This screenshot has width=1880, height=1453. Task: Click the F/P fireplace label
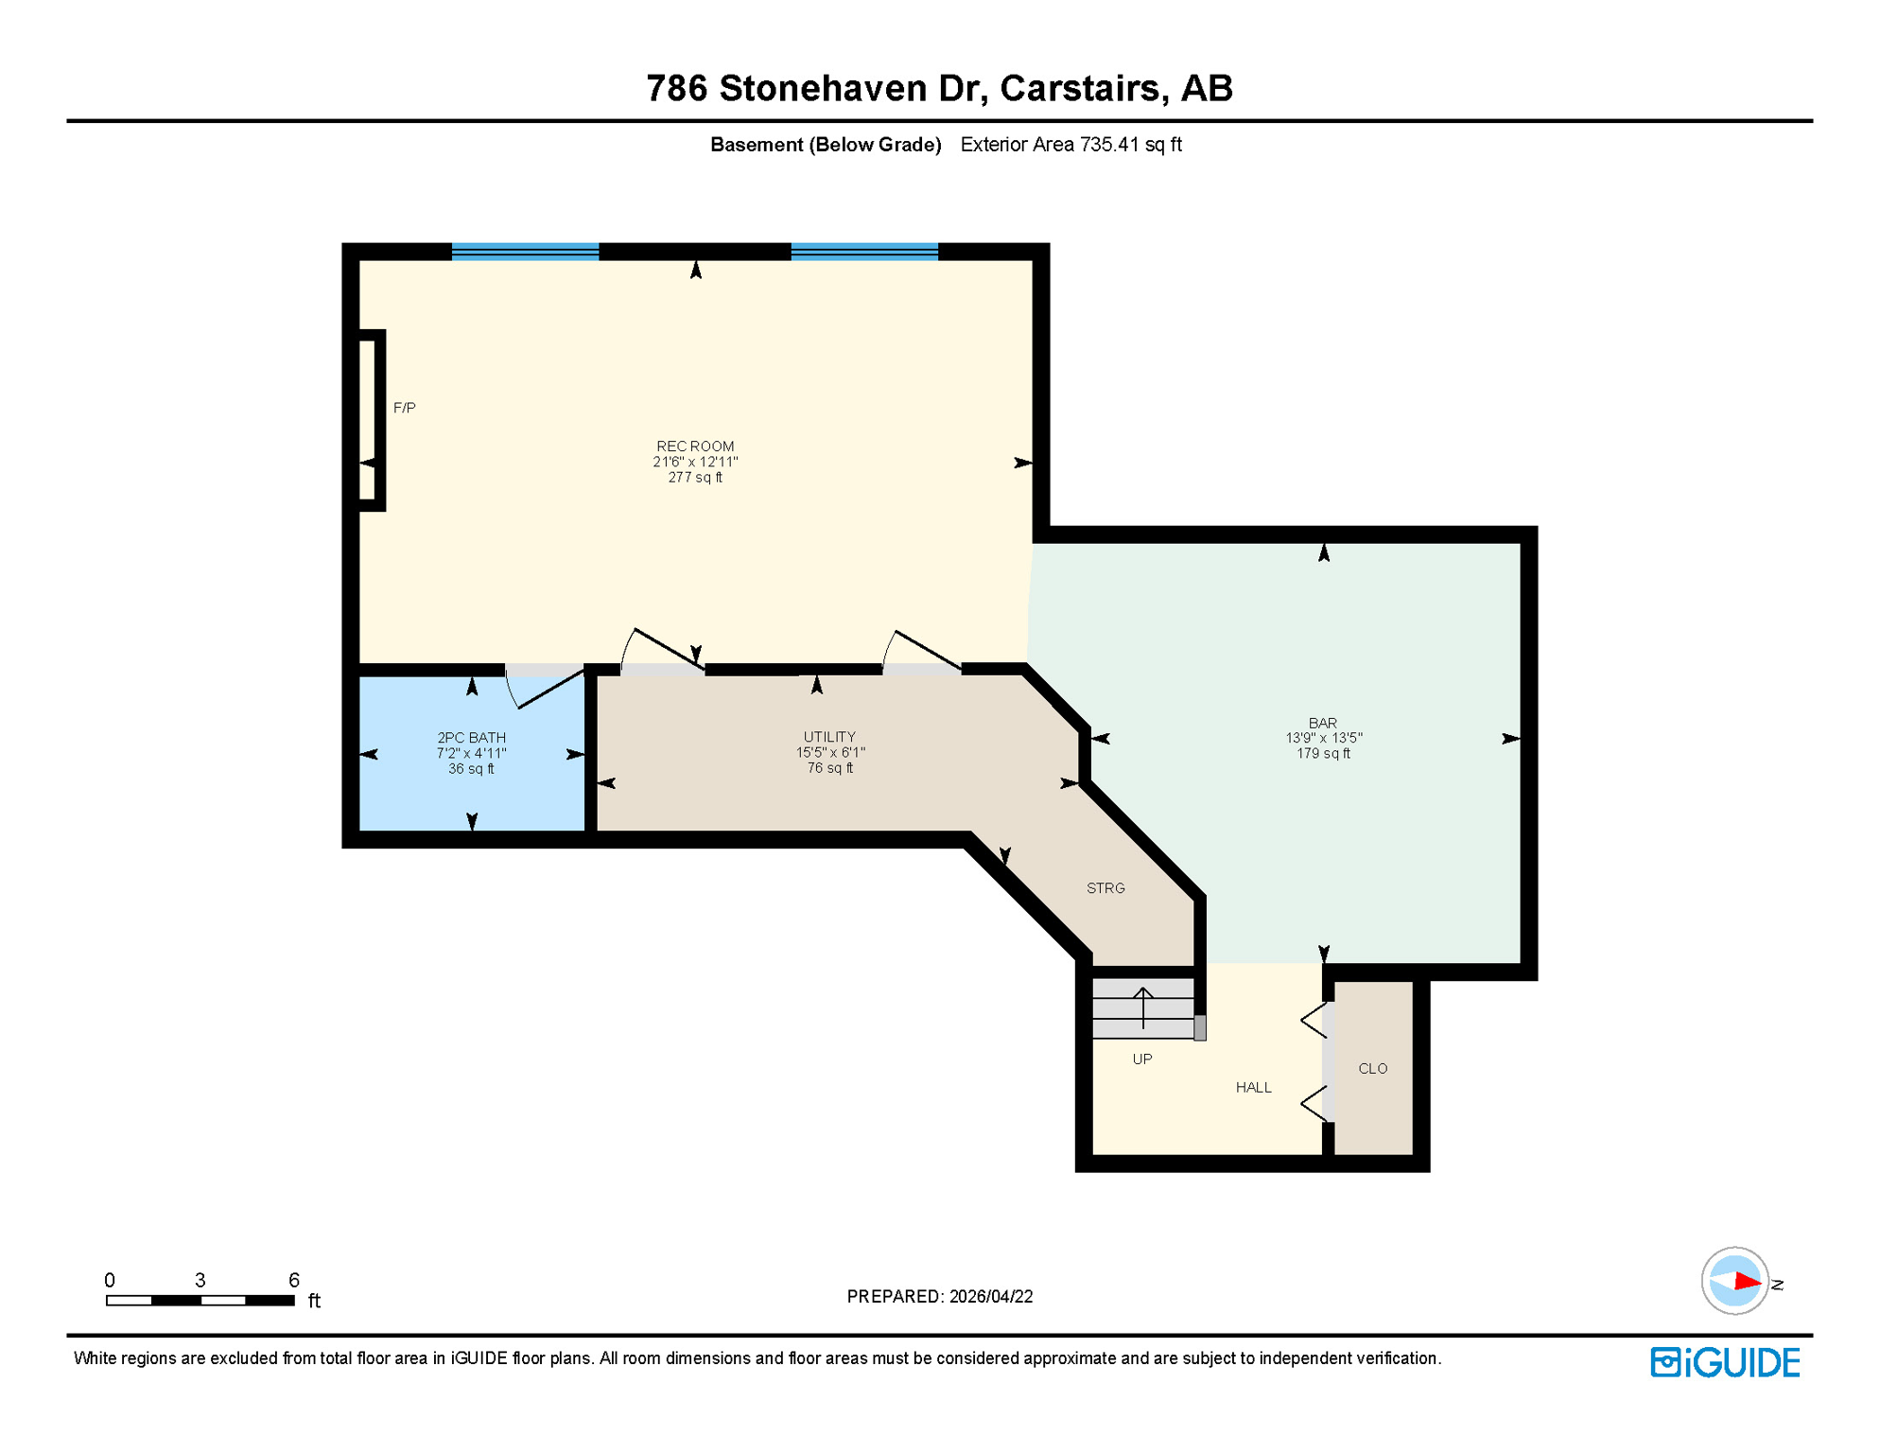pyautogui.click(x=404, y=408)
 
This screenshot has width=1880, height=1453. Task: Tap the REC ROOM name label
pyautogui.click(x=695, y=446)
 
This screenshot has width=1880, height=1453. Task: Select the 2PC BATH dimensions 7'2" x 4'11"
pyautogui.click(x=471, y=754)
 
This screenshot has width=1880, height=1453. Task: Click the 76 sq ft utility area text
pyautogui.click(x=829, y=768)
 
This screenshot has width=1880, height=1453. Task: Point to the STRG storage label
pyautogui.click(x=1105, y=888)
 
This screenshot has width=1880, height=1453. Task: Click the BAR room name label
pyautogui.click(x=1322, y=723)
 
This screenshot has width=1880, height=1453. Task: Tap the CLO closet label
pyautogui.click(x=1372, y=1069)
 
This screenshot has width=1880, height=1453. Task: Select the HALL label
pyautogui.click(x=1253, y=1088)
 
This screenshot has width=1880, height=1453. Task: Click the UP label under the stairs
pyautogui.click(x=1142, y=1059)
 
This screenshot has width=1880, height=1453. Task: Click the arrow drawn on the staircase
pyautogui.click(x=1143, y=1007)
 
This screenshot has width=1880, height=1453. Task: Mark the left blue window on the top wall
pyautogui.click(x=525, y=252)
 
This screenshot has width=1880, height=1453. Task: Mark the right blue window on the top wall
pyautogui.click(x=864, y=252)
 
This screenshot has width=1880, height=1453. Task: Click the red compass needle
pyautogui.click(x=1746, y=1282)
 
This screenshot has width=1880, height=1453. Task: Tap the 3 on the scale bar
pyautogui.click(x=200, y=1280)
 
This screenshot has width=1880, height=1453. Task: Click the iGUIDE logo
pyautogui.click(x=1725, y=1362)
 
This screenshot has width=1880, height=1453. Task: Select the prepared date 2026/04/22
pyautogui.click(x=990, y=1297)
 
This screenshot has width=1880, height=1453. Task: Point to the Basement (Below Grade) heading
pyautogui.click(x=826, y=145)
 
